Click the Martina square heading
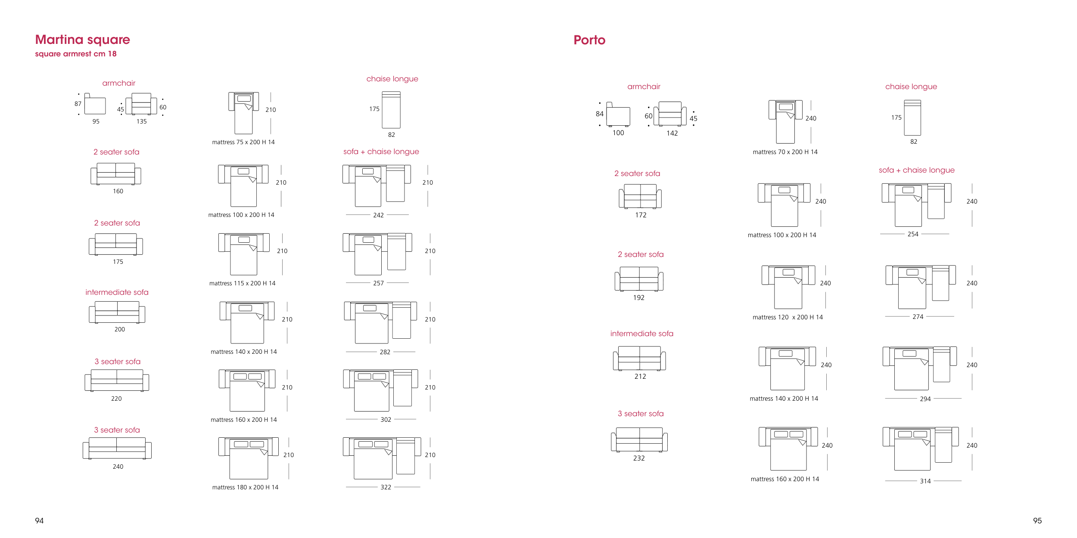pos(82,40)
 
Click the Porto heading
pos(589,40)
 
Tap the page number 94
pos(39,521)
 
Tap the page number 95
pos(1037,521)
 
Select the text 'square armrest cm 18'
pos(76,54)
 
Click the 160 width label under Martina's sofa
pos(118,191)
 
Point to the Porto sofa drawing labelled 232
pos(639,439)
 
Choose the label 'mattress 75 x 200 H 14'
pos(243,142)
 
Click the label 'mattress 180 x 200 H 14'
pos(245,487)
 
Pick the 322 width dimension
pos(386,487)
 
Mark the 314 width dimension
pos(925,481)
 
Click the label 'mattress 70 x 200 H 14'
pos(785,152)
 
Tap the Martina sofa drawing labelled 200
pos(117,312)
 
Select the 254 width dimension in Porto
pos(913,234)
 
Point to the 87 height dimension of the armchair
pos(78,104)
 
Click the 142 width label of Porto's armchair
pos(672,133)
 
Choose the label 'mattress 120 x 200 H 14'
pos(788,317)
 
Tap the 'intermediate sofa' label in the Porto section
pos(641,334)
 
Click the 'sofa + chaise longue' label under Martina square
pos(381,152)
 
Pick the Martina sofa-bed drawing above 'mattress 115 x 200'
pos(244,254)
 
